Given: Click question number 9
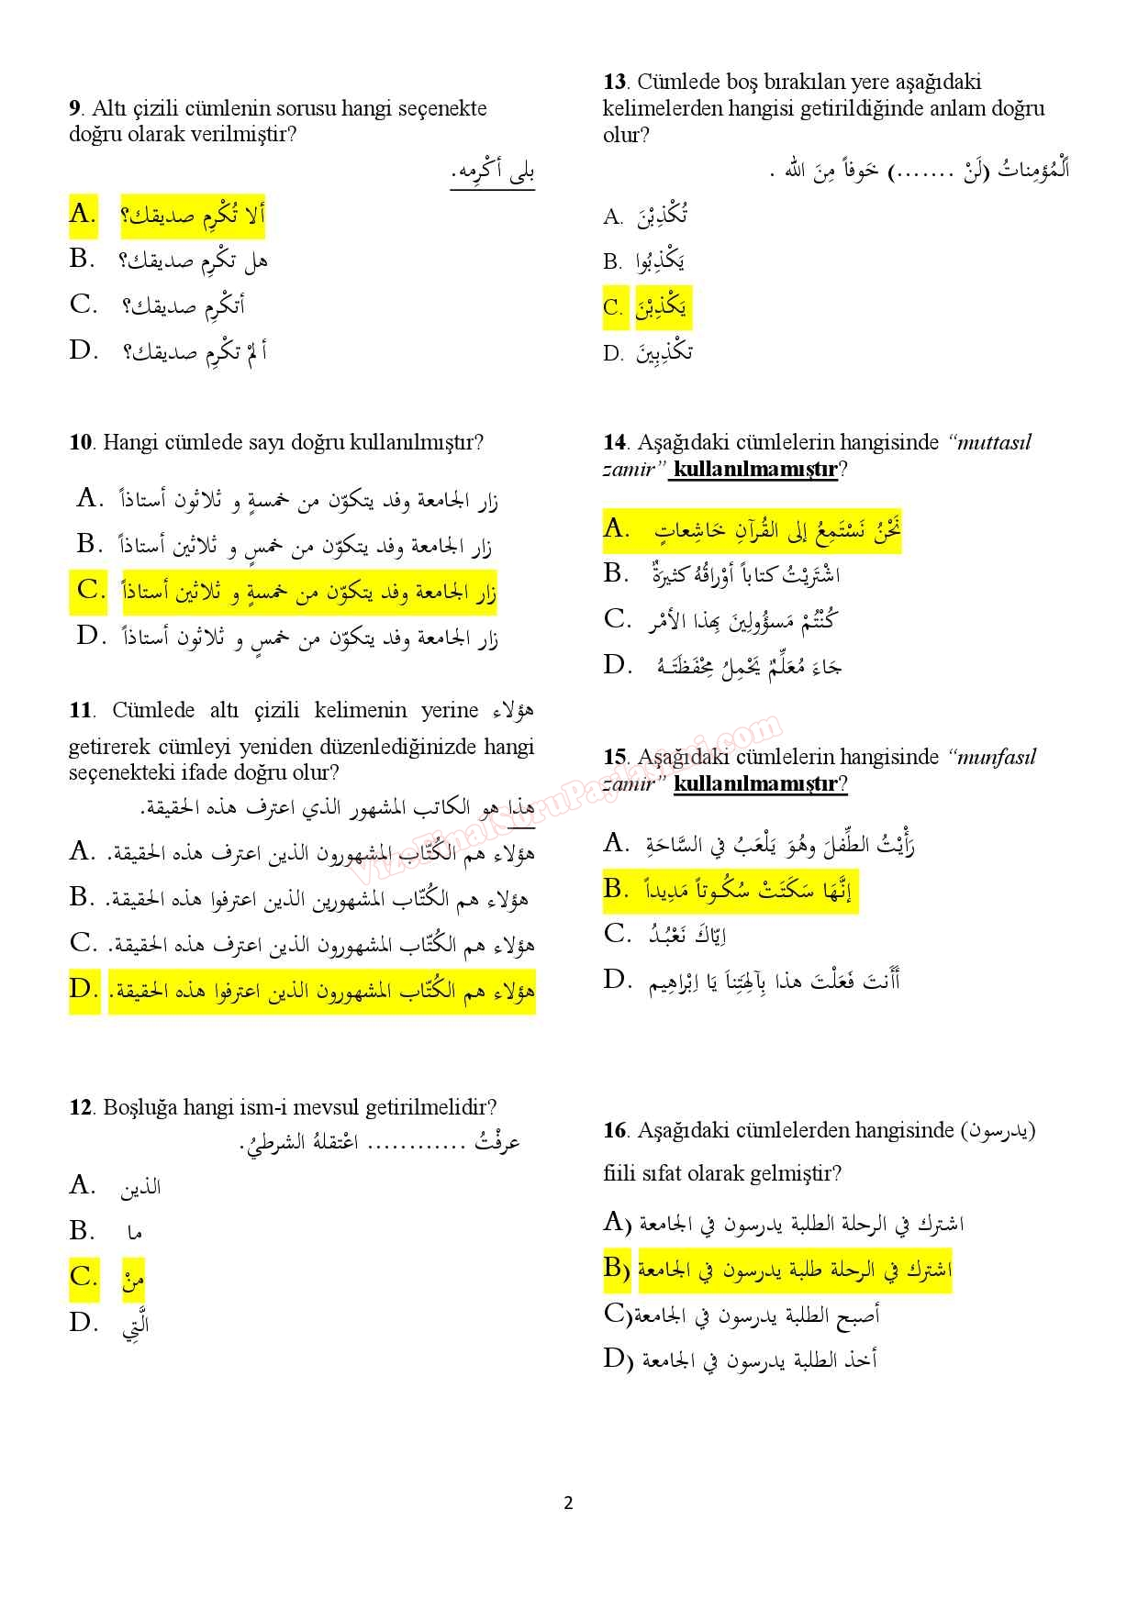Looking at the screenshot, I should [74, 108].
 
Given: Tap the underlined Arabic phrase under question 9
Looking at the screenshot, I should [492, 172].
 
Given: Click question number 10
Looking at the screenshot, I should [81, 442].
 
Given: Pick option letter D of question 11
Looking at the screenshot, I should [83, 989].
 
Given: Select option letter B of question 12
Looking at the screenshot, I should [82, 1230].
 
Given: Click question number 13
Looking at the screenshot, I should [614, 82].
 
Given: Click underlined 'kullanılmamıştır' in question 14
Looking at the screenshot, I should [755, 470].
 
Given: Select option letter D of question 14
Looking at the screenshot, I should [617, 664].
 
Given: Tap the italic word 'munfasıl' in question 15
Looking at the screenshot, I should [996, 757].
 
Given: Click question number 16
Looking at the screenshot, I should [614, 1130].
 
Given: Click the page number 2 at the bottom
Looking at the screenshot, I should [568, 1503].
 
